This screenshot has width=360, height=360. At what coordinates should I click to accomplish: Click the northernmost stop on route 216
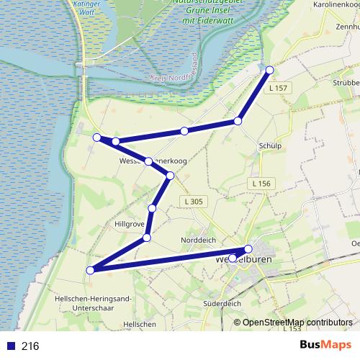270,70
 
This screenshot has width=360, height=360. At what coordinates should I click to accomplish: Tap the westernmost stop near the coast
96,137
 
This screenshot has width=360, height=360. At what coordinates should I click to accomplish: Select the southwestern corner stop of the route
91,271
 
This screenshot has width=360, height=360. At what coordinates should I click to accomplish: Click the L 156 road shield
261,184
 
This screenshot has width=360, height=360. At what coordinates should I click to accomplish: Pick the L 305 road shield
192,201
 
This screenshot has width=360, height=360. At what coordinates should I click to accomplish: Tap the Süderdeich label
222,304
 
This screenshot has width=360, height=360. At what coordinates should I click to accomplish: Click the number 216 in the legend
30,346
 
